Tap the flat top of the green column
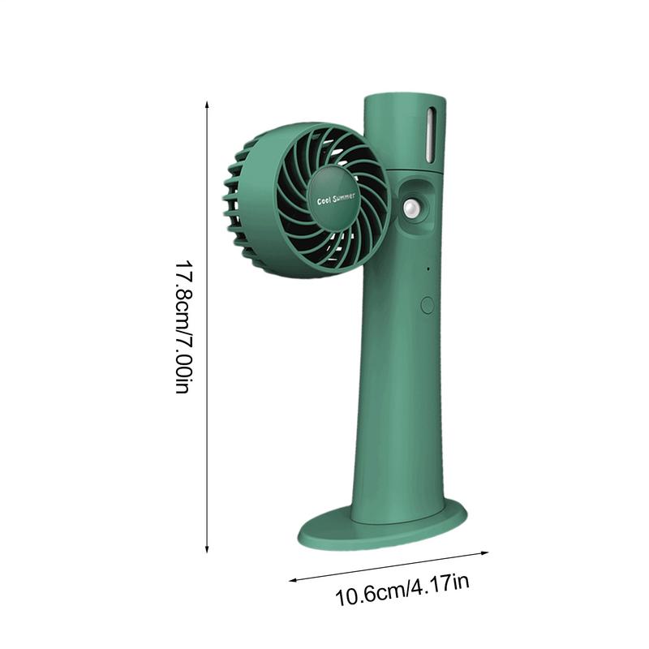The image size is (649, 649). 404,98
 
